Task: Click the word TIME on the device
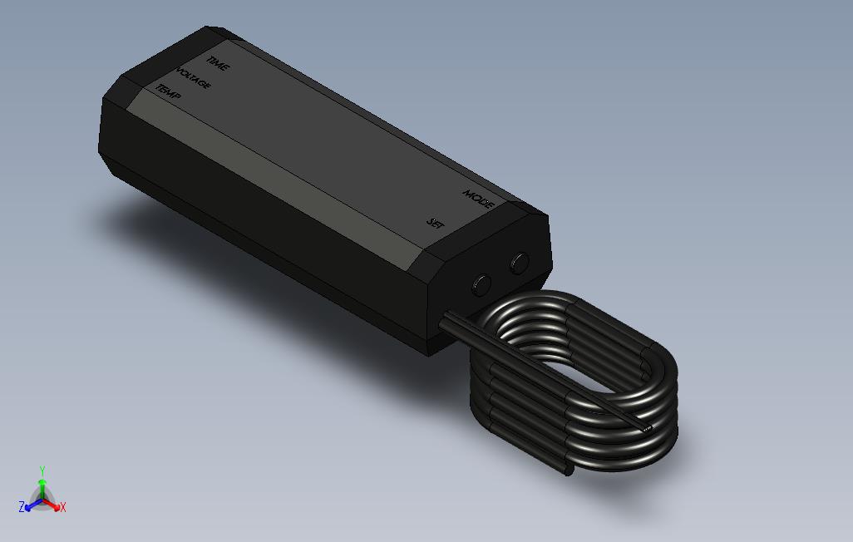tap(218, 64)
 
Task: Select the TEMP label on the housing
tap(168, 91)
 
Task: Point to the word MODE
tap(479, 200)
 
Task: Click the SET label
tap(436, 223)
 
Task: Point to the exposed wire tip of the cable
tap(648, 428)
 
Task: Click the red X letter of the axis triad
tap(62, 507)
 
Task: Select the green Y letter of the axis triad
tap(42, 471)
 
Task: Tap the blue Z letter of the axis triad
tap(22, 506)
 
